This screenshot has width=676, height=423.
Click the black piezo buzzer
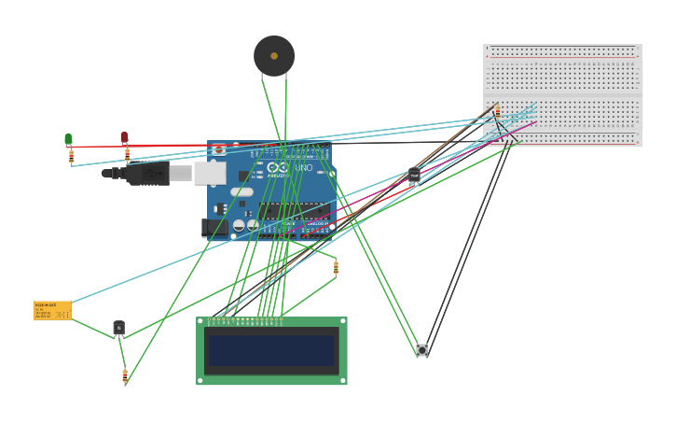(274, 56)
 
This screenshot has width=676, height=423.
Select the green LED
(68, 139)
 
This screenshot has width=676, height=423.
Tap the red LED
(124, 137)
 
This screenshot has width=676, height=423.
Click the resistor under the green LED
(71, 157)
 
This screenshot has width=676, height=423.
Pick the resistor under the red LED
(127, 154)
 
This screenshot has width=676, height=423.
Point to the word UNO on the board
(304, 168)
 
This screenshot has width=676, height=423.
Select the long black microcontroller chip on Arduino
(293, 211)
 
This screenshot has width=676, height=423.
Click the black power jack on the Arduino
(214, 227)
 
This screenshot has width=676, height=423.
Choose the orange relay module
(52, 310)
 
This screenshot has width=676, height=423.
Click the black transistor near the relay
(118, 327)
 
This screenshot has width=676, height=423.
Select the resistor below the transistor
(125, 375)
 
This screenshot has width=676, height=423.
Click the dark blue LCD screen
(271, 351)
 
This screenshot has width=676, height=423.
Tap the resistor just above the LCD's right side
(336, 268)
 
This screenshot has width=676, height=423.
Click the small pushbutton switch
(422, 350)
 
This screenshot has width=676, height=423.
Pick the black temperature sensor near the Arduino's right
(414, 175)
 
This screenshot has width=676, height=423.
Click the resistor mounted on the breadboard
(497, 111)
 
